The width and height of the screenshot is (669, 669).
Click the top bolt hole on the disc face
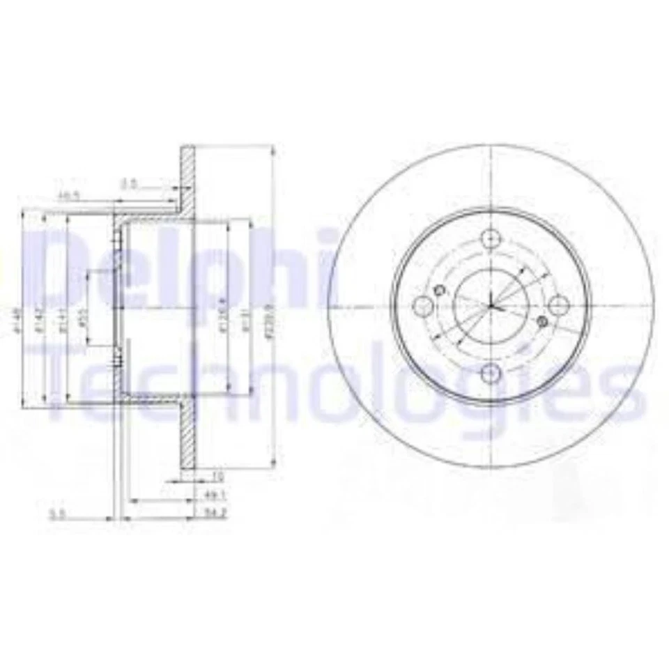point(491,237)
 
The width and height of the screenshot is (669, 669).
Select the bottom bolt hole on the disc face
point(491,374)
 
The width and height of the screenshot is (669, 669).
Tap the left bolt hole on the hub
point(423,305)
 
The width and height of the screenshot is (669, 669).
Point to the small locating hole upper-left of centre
point(439,290)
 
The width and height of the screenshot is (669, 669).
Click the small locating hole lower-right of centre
point(544,321)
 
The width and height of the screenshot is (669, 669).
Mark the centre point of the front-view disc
point(491,305)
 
